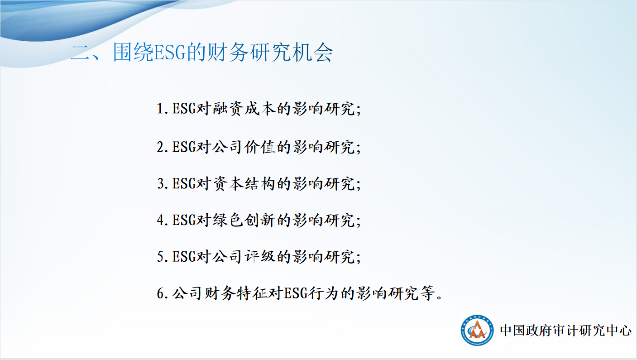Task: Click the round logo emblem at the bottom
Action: [477, 330]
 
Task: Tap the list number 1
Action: [161, 109]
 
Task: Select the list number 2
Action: [161, 148]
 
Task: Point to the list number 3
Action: [161, 184]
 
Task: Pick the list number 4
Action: [161, 221]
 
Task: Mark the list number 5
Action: [161, 257]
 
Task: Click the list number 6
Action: [161, 293]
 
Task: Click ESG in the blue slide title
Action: [170, 53]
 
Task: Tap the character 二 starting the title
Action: [81, 53]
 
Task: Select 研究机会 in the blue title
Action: [292, 53]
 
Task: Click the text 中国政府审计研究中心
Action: [565, 331]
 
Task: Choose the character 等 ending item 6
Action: [427, 293]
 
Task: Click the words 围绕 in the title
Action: [133, 53]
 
